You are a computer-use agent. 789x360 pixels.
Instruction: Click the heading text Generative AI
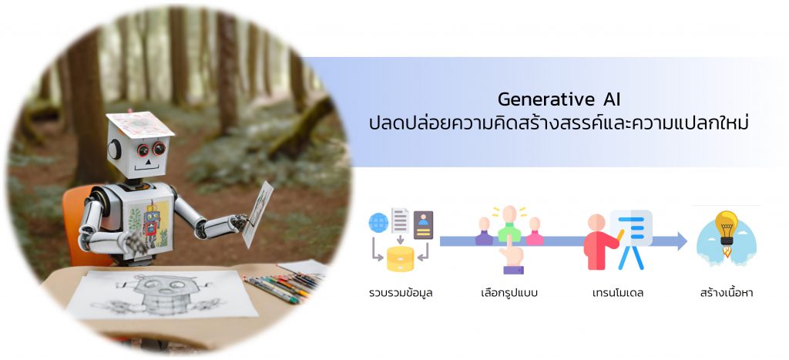tap(559, 99)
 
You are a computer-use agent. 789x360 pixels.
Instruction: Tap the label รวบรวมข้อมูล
tap(401, 292)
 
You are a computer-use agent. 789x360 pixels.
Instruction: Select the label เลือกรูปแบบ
tap(509, 292)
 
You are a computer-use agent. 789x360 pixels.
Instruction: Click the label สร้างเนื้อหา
tap(727, 292)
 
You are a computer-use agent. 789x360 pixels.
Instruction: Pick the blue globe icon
tap(378, 222)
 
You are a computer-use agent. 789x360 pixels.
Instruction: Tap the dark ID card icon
tap(423, 224)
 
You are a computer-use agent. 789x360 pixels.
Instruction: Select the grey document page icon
tap(400, 221)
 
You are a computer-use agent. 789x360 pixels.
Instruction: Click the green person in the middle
tap(509, 224)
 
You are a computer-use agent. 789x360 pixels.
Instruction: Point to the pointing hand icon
tap(512, 256)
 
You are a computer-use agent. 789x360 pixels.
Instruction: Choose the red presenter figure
tap(599, 242)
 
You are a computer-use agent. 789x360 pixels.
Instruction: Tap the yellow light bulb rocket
tap(727, 233)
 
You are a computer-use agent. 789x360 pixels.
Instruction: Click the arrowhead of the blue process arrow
tap(682, 241)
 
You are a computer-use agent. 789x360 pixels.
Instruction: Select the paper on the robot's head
tap(139, 124)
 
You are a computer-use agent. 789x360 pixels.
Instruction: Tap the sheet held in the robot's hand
tap(257, 214)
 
